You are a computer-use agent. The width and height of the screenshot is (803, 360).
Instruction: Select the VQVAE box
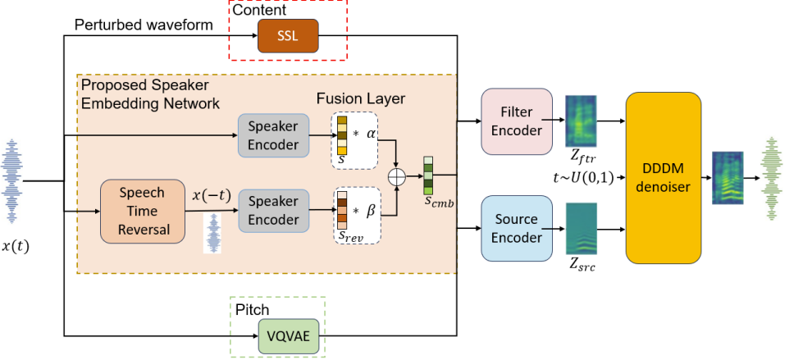tap(289, 335)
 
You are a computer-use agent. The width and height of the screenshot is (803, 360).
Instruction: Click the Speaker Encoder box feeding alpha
tap(273, 136)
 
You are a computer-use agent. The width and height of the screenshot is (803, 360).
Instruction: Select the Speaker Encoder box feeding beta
tap(273, 211)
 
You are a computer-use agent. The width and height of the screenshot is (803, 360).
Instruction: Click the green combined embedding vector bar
tap(428, 173)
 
